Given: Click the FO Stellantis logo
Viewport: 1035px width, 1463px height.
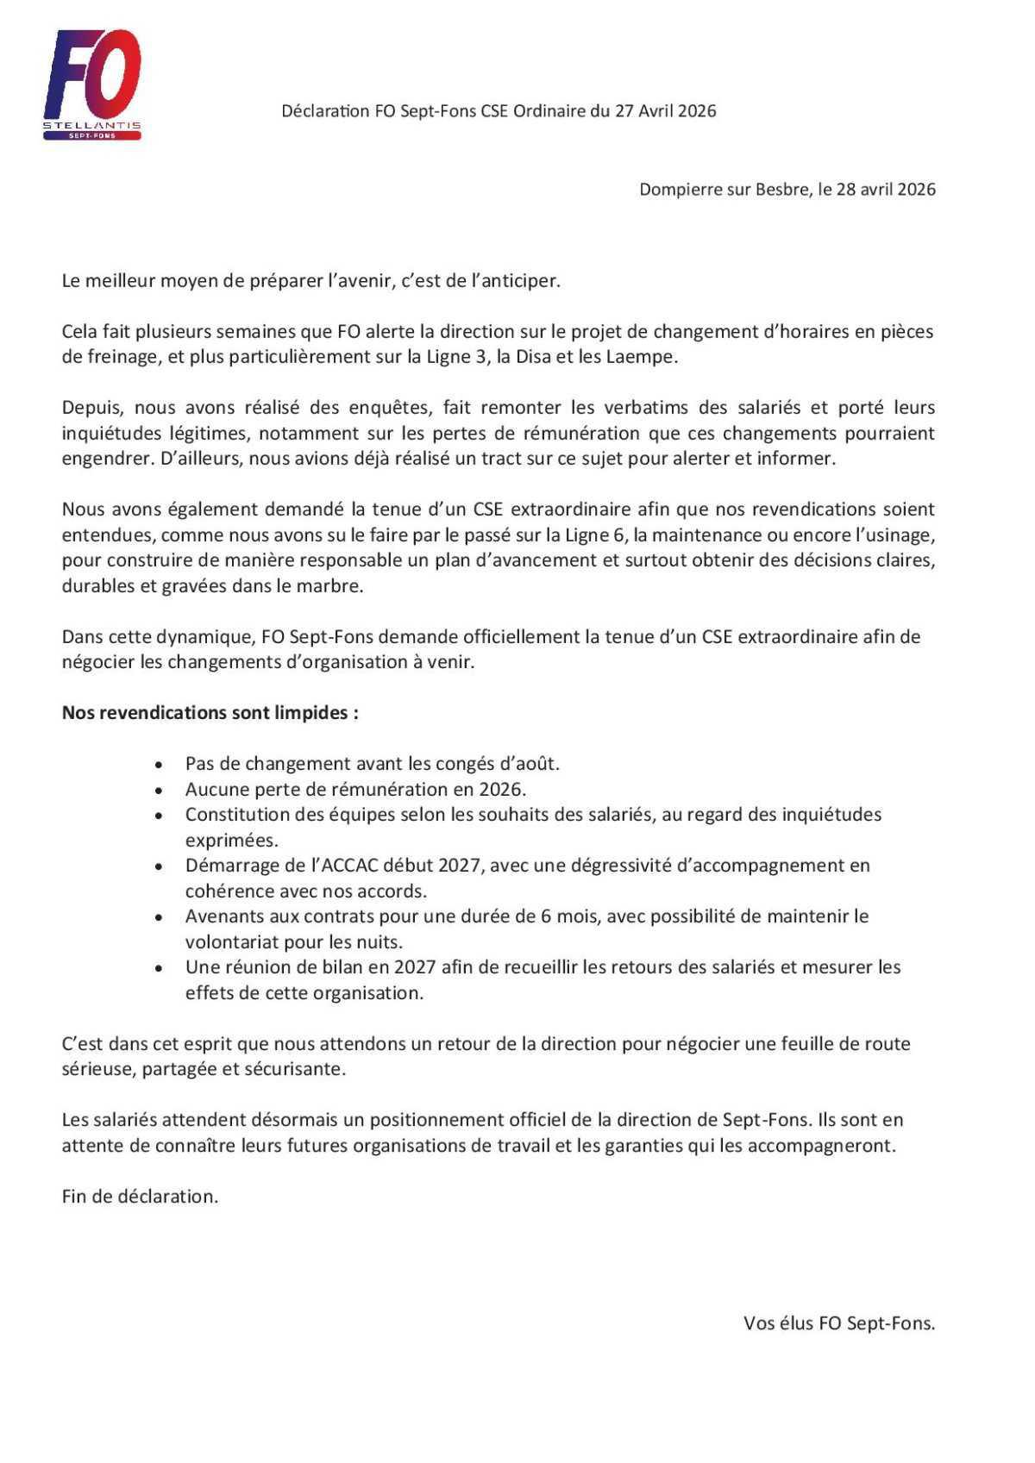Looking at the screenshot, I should click(x=92, y=84).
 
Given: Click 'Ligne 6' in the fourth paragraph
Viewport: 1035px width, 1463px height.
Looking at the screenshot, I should click(x=596, y=535).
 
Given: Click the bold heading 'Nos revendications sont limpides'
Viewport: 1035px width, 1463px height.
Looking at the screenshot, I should click(x=210, y=713).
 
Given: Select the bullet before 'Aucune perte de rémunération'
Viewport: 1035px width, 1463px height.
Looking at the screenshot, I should click(x=158, y=791).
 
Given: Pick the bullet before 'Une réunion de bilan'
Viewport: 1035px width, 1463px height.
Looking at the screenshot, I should click(x=158, y=968).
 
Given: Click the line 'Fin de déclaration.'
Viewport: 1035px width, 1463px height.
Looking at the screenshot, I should click(x=140, y=1197).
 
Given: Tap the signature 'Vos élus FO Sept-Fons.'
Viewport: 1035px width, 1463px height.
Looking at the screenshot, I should click(x=838, y=1323).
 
